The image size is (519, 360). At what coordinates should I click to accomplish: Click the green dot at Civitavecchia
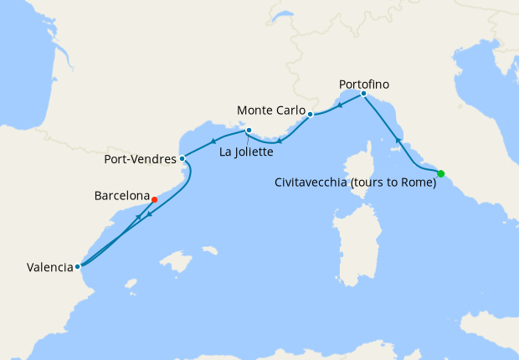click(x=441, y=173)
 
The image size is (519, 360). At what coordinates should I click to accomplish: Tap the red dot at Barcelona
click(x=154, y=199)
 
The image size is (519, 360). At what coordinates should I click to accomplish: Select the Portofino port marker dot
click(x=363, y=94)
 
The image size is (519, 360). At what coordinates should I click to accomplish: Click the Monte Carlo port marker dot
click(x=310, y=114)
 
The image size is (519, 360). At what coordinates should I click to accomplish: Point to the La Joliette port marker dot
click(x=249, y=130)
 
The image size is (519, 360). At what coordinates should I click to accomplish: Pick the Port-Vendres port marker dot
click(x=182, y=157)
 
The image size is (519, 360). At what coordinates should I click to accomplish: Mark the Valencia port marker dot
click(x=77, y=266)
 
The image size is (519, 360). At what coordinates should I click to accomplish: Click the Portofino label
click(x=364, y=84)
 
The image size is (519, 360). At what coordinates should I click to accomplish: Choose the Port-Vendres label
click(x=140, y=158)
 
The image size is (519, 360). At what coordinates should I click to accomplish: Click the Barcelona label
click(x=121, y=196)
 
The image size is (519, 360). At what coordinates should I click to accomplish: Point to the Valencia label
click(x=49, y=268)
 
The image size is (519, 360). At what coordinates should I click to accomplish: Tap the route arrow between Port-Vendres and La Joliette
click(x=213, y=141)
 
